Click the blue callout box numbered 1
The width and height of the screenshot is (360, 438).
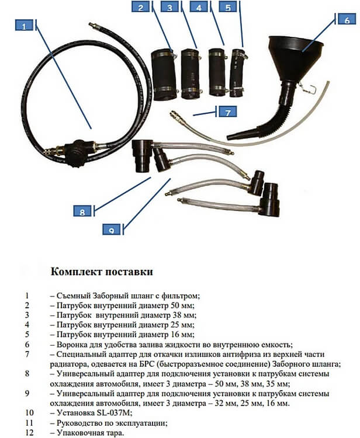tap(25, 26)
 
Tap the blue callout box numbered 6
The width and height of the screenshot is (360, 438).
tap(347, 19)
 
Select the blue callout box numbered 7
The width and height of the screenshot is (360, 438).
tap(228, 112)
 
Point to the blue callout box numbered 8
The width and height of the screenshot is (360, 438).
tap(82, 211)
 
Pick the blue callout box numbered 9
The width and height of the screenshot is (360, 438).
tap(112, 230)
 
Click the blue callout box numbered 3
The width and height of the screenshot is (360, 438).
tap(169, 7)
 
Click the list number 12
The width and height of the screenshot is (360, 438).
tap(29, 433)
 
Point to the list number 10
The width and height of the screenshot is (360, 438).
tap(29, 412)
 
